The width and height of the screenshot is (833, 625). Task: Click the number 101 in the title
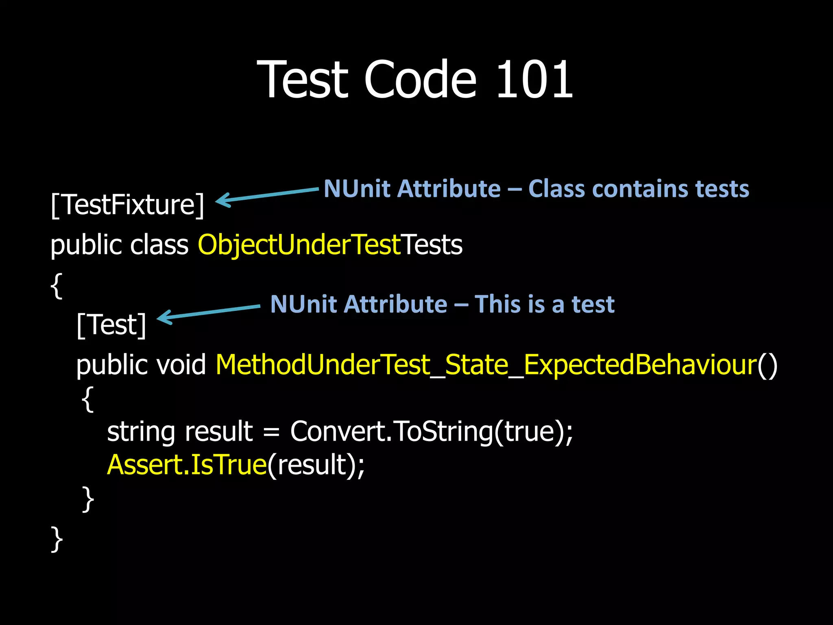[534, 79]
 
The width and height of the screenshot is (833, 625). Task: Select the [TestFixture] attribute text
[127, 205]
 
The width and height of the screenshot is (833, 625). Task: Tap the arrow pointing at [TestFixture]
[266, 195]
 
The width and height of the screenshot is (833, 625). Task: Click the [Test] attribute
[111, 325]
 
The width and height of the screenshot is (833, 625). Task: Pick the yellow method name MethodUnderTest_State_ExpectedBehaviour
[485, 364]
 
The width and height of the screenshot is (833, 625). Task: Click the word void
[181, 364]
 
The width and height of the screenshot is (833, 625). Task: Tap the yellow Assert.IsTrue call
[187, 465]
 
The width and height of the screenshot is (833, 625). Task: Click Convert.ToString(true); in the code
[431, 431]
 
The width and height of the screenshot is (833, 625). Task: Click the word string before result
[141, 432]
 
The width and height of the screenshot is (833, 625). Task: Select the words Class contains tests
[638, 189]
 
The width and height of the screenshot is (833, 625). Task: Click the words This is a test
[544, 304]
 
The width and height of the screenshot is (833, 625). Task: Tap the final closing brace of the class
[57, 539]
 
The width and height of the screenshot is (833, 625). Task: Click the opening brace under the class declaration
[57, 286]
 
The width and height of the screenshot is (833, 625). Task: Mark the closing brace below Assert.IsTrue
[88, 498]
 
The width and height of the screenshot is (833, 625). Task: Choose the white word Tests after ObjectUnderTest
[432, 245]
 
